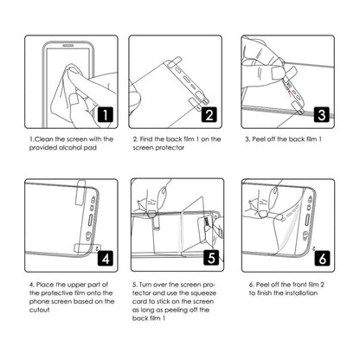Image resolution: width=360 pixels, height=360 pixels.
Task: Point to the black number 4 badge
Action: [x=101, y=257]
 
